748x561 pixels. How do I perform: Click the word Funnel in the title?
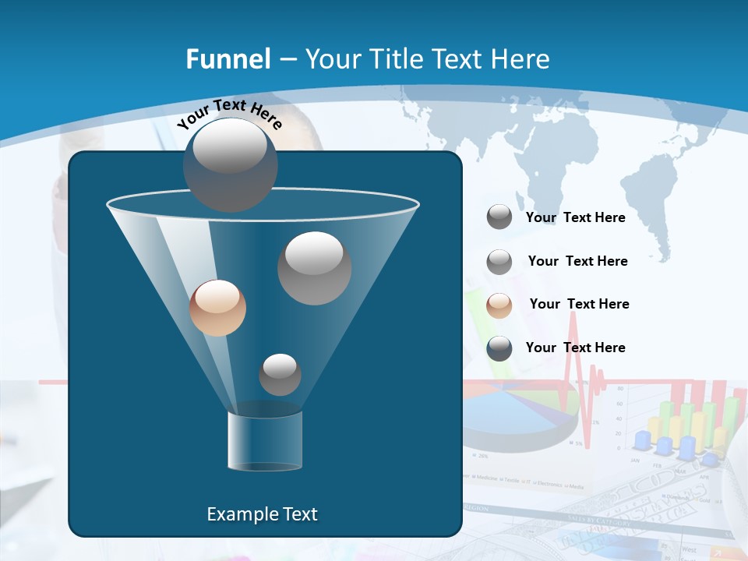coord(228,59)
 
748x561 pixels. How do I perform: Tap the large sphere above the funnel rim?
coord(230,164)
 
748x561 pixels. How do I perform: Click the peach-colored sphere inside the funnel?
coord(217,308)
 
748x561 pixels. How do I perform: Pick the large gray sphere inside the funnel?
coord(314,268)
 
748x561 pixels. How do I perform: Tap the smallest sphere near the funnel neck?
coord(280,375)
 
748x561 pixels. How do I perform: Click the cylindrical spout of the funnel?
coord(265,441)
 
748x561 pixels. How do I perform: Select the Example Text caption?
coord(262,514)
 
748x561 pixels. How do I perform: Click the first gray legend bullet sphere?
coord(499,217)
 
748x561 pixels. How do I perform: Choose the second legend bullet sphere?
coord(499,262)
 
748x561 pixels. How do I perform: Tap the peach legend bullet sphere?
coord(499,305)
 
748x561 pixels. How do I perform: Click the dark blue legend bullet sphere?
coord(499,348)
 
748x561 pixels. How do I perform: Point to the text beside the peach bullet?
coord(579,304)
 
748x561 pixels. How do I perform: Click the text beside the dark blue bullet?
coord(575,348)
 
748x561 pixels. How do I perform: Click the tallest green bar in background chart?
coord(731,421)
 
